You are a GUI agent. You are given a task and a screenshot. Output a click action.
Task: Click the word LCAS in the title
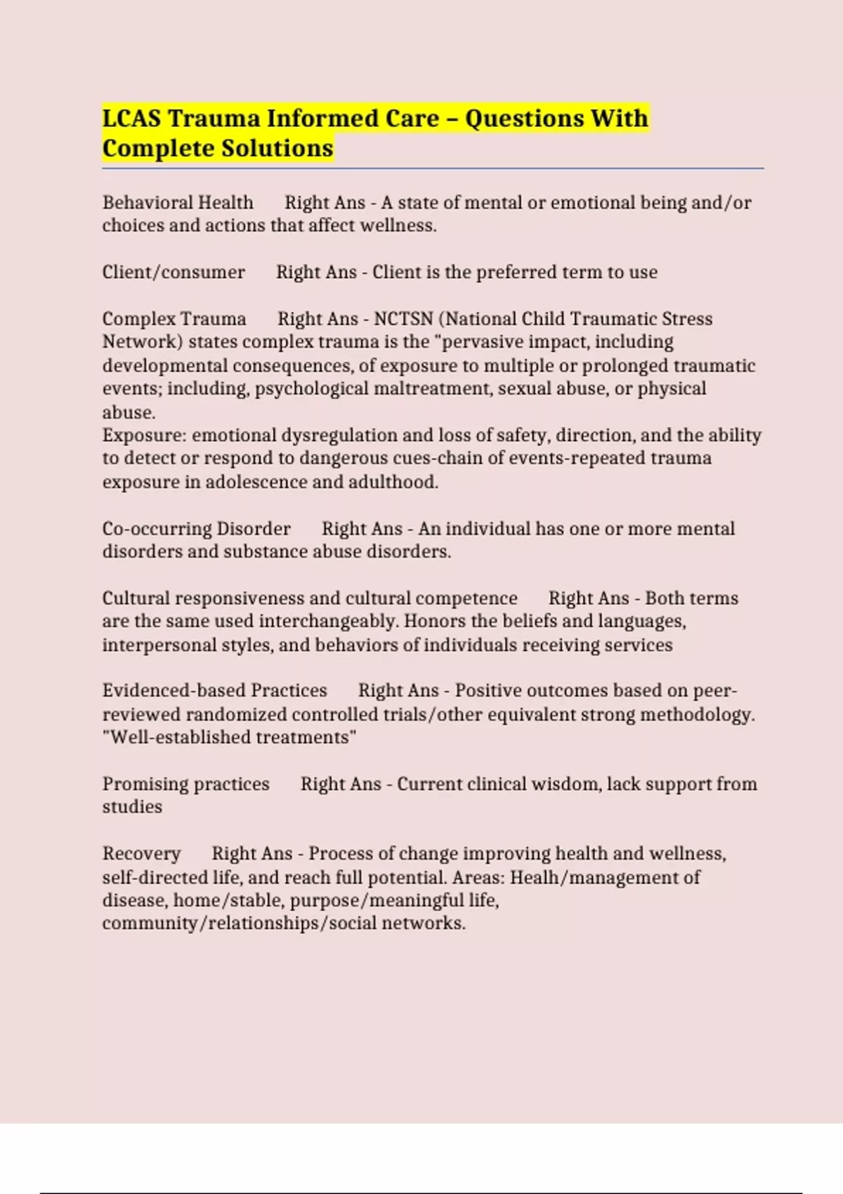(x=132, y=118)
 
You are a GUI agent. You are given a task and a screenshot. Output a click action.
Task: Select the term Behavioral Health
(x=178, y=203)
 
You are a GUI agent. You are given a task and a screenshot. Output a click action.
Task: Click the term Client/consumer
(x=174, y=273)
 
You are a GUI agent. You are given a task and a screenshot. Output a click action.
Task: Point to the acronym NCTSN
(x=403, y=319)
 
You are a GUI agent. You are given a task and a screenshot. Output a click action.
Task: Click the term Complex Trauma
(x=174, y=319)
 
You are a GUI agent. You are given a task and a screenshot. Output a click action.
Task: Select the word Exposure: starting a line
(x=145, y=435)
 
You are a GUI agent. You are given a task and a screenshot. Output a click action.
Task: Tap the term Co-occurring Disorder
(x=196, y=529)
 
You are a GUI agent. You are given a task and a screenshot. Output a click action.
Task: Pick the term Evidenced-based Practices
(x=214, y=691)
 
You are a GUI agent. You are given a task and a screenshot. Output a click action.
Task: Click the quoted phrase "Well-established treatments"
(x=230, y=737)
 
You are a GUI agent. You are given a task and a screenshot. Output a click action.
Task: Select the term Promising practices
(x=185, y=785)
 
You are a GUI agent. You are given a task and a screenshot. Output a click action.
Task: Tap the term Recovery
(x=141, y=854)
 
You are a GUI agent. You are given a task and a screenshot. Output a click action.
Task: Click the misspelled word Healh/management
(x=605, y=878)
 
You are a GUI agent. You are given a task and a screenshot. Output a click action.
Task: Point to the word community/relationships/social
(x=239, y=924)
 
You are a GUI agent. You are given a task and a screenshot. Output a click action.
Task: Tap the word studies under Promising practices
(x=132, y=807)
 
